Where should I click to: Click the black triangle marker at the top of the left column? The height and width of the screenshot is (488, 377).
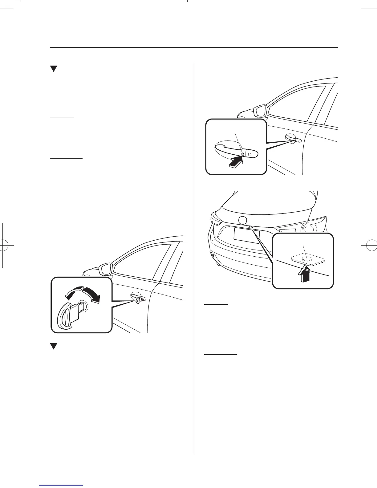pyautogui.click(x=54, y=69)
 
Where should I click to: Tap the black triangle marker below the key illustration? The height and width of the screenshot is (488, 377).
pyautogui.click(x=54, y=347)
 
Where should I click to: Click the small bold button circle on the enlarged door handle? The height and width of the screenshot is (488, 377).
pyautogui.click(x=243, y=154)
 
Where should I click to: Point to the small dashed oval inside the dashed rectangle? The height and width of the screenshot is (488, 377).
pyautogui.click(x=307, y=259)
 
